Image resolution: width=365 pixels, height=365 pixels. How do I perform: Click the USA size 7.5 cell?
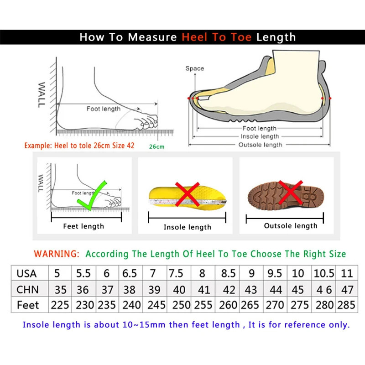tap(176, 274)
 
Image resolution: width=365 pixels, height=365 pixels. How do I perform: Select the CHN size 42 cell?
tap(229, 290)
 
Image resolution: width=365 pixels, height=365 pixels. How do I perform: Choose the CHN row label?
tap(27, 290)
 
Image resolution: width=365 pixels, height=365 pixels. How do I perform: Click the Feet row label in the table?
tap(28, 305)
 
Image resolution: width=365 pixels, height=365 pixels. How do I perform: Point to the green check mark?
tap(93, 196)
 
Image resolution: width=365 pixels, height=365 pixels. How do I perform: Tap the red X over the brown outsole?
tap(291, 192)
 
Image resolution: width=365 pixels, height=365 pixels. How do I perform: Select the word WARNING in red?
tap(57, 254)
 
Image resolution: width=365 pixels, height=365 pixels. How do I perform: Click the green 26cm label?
tap(156, 146)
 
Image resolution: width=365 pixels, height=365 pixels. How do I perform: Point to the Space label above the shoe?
tap(194, 69)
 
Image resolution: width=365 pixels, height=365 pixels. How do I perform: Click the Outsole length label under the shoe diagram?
tap(260, 145)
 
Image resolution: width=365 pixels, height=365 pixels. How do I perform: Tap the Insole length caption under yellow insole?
tap(188, 227)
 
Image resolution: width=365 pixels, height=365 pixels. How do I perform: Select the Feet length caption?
tap(83, 226)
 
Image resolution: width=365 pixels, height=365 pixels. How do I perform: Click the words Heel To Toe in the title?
tap(217, 37)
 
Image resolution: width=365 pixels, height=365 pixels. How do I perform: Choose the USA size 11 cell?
tap(347, 274)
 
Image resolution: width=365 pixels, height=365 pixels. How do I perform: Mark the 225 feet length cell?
tap(60, 305)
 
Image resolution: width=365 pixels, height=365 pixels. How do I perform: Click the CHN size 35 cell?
tap(60, 290)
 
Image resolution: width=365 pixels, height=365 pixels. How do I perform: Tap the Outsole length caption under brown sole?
tap(291, 226)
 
